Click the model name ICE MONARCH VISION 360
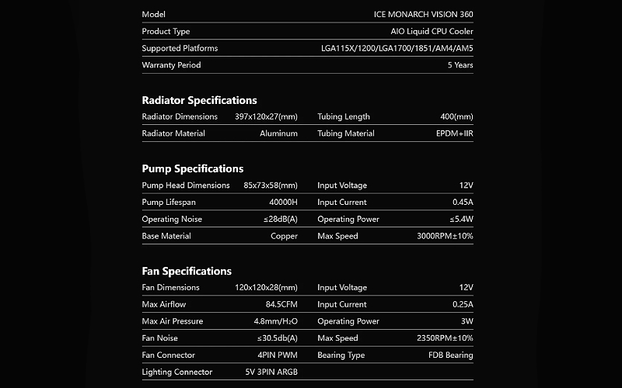point(423,15)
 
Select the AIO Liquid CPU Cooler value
point(432,32)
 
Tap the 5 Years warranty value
point(460,65)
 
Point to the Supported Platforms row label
point(180,48)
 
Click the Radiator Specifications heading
point(199,100)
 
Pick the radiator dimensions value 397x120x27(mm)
point(266,117)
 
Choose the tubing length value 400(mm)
point(456,117)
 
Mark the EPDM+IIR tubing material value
point(454,133)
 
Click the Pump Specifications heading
point(192,168)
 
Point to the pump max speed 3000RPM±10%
point(445,236)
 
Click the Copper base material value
point(284,236)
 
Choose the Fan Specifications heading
point(187,271)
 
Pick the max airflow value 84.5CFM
point(281,304)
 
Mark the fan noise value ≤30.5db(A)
point(278,338)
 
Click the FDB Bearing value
point(450,355)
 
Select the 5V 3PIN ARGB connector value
point(271,372)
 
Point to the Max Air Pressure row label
point(172,321)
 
